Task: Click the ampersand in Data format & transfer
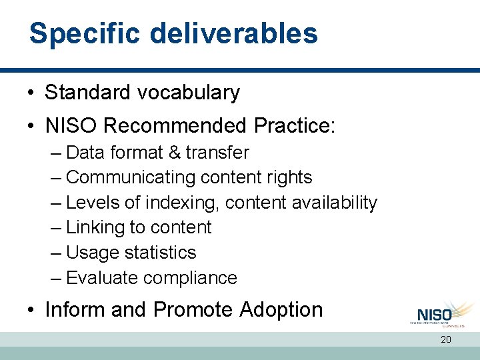click(174, 153)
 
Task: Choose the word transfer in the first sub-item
click(217, 153)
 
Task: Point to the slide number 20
click(445, 340)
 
